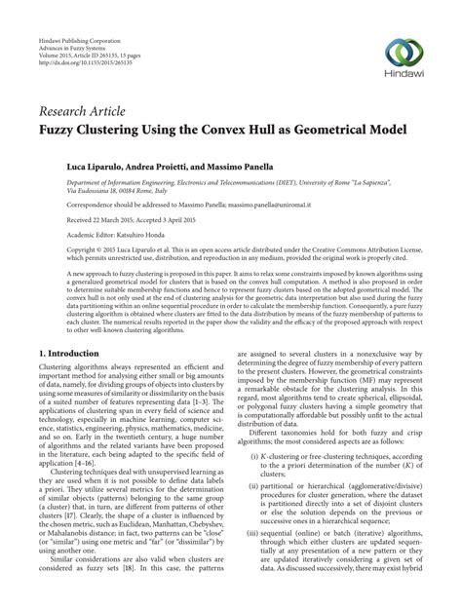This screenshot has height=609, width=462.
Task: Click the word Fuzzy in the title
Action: pos(61,126)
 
